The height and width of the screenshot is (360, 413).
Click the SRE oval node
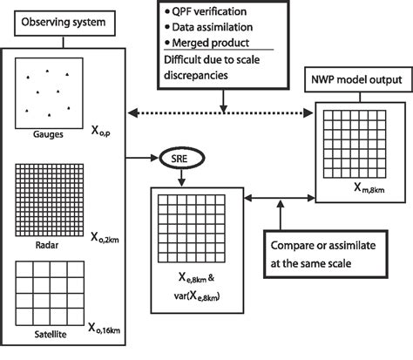coord(180,160)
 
